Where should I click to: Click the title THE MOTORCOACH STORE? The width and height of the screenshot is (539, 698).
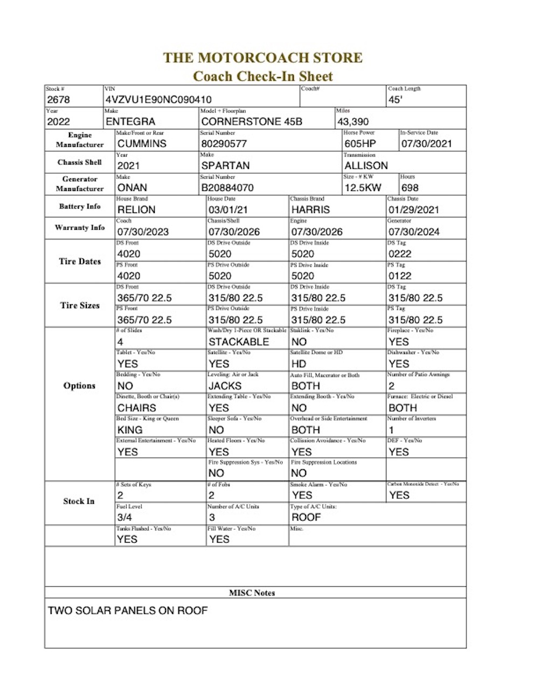[x=262, y=58]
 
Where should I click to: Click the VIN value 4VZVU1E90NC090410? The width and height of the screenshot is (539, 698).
[x=158, y=100]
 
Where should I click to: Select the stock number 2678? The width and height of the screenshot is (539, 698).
[x=58, y=100]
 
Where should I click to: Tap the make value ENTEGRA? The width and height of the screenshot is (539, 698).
[x=130, y=122]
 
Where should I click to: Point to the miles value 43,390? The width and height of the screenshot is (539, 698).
[x=353, y=122]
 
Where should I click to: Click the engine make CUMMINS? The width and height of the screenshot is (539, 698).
[x=142, y=144]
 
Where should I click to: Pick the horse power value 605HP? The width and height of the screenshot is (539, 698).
[x=360, y=144]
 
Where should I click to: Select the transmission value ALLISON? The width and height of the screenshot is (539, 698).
[x=366, y=166]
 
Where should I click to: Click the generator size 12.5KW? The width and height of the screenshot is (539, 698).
[x=363, y=188]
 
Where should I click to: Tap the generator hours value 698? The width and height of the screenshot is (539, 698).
[x=410, y=188]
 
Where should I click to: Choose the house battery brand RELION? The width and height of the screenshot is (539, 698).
[x=136, y=210]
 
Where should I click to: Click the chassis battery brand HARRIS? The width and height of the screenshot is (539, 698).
[x=310, y=210]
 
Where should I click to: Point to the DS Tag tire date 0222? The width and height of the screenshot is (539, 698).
[x=399, y=254]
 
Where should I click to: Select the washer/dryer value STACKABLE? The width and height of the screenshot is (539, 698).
[x=239, y=342]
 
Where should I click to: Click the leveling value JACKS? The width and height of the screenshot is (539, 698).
[x=225, y=386]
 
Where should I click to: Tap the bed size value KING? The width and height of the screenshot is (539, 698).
[x=130, y=430]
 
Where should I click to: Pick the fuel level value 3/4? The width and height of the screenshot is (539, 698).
[x=125, y=517]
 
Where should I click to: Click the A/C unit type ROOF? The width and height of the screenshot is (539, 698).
[x=306, y=517]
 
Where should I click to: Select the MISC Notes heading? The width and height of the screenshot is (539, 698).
[x=252, y=593]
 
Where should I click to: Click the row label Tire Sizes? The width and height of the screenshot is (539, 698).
[x=80, y=305]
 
